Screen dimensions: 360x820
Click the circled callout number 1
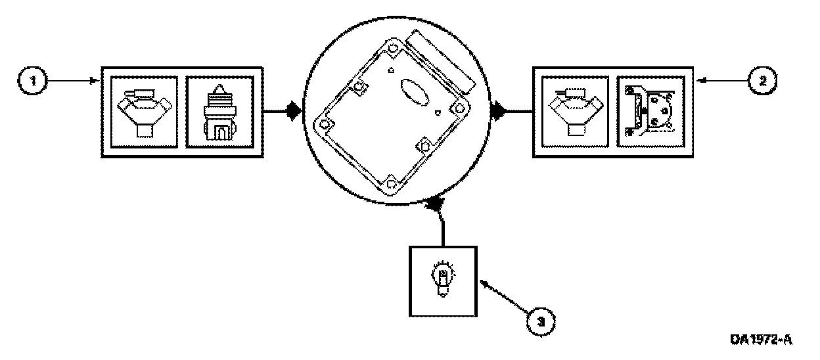30,82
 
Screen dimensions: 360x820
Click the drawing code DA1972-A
760,340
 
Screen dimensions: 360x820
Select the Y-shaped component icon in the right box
576,110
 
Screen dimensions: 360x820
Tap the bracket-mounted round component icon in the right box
650,110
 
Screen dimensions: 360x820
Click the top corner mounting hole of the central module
392,49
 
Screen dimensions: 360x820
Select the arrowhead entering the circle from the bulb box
436,206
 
